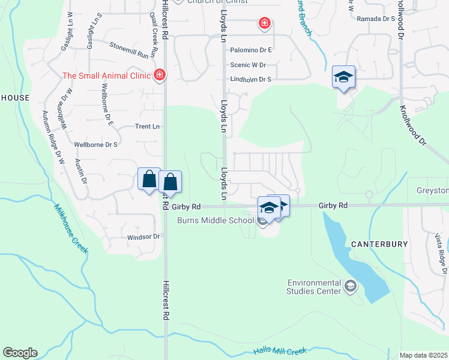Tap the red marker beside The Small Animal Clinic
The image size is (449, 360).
160,75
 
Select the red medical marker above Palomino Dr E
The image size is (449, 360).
264,24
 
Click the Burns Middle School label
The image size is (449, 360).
215,220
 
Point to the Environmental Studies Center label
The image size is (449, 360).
314,287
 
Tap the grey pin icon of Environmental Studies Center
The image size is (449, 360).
351,287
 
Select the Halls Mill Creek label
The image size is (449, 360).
280,351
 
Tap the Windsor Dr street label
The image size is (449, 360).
143,237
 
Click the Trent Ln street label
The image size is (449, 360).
147,127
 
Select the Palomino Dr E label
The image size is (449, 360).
251,50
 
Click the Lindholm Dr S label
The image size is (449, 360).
251,79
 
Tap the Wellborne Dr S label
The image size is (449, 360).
95,145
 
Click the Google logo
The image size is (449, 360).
20,353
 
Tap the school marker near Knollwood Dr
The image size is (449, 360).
343,77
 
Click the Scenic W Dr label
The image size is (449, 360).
248,65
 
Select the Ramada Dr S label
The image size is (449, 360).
376,19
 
